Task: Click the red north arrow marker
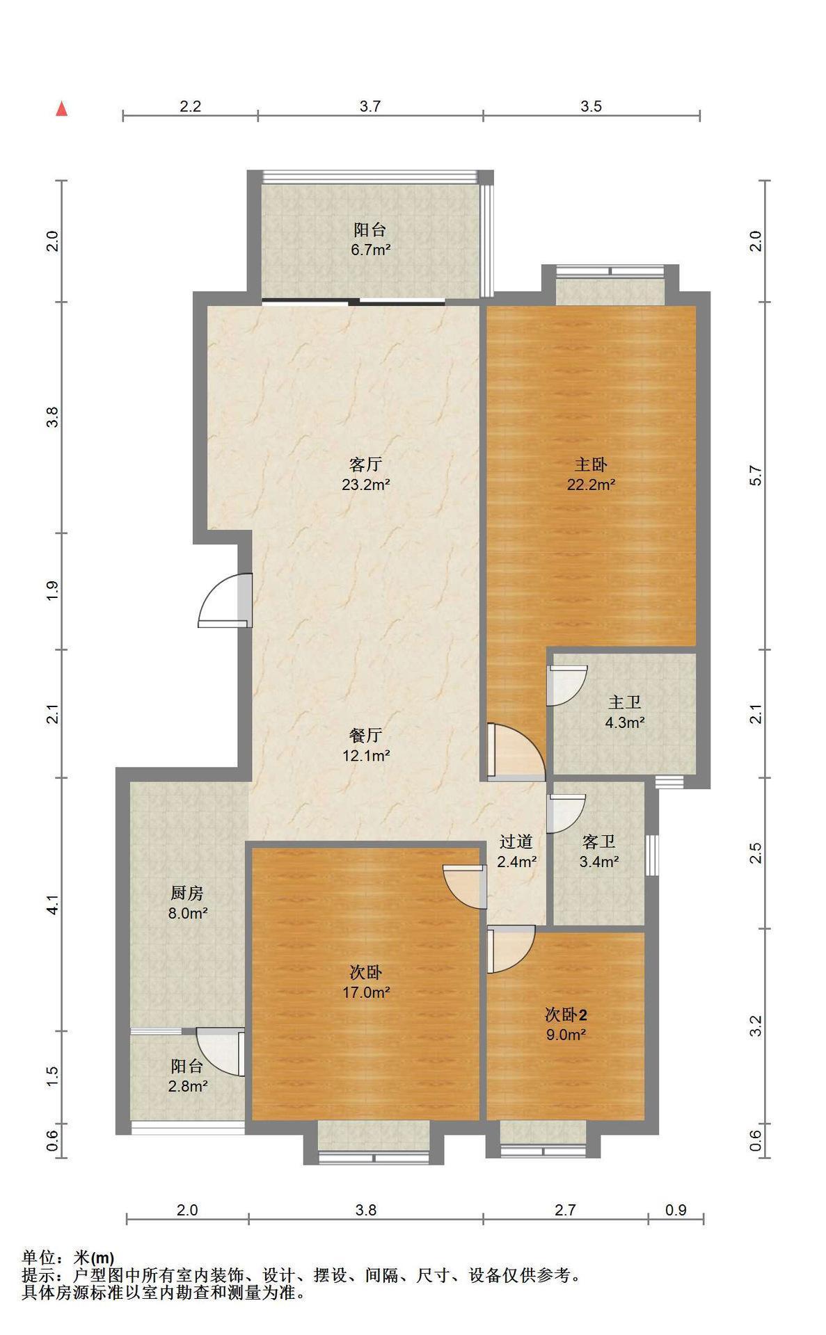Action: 62,108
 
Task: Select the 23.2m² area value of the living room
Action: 365,485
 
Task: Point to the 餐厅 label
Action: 365,735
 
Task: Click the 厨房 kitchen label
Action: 187,893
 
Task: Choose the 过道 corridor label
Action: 516,842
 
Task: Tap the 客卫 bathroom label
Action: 599,842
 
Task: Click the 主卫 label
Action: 624,703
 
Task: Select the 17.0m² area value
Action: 365,992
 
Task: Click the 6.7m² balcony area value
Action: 370,250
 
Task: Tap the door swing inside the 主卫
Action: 567,686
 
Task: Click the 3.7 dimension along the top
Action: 370,106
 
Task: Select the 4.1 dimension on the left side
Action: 53,905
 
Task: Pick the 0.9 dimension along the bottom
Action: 676,1210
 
